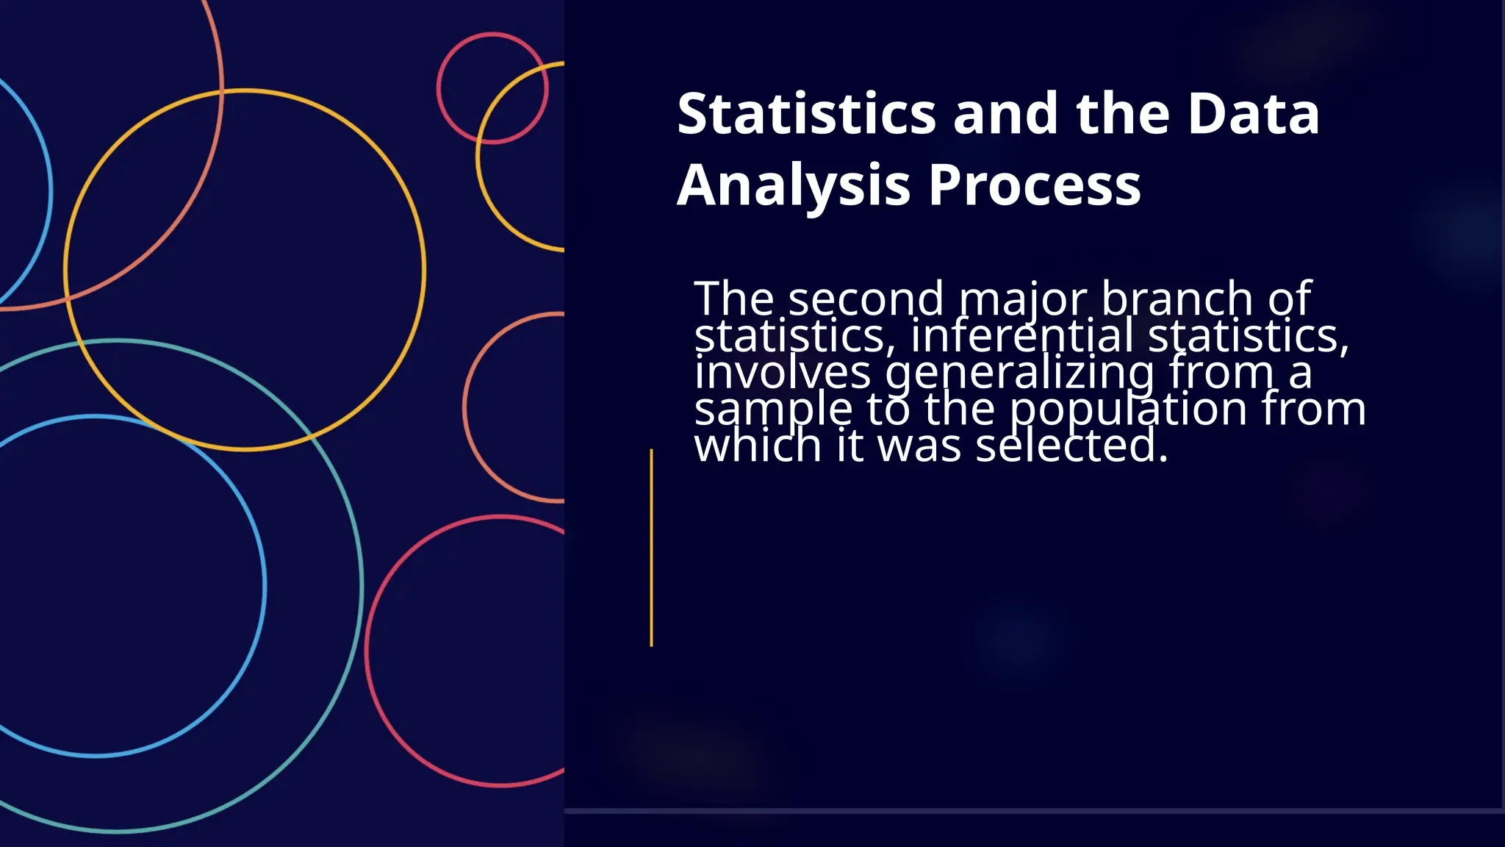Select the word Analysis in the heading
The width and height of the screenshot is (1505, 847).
[794, 185]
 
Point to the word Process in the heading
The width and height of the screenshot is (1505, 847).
[1035, 185]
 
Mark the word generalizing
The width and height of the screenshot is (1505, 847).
[1020, 374]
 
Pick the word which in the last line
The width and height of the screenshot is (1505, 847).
[758, 446]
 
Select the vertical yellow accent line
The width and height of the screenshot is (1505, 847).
[651, 548]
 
